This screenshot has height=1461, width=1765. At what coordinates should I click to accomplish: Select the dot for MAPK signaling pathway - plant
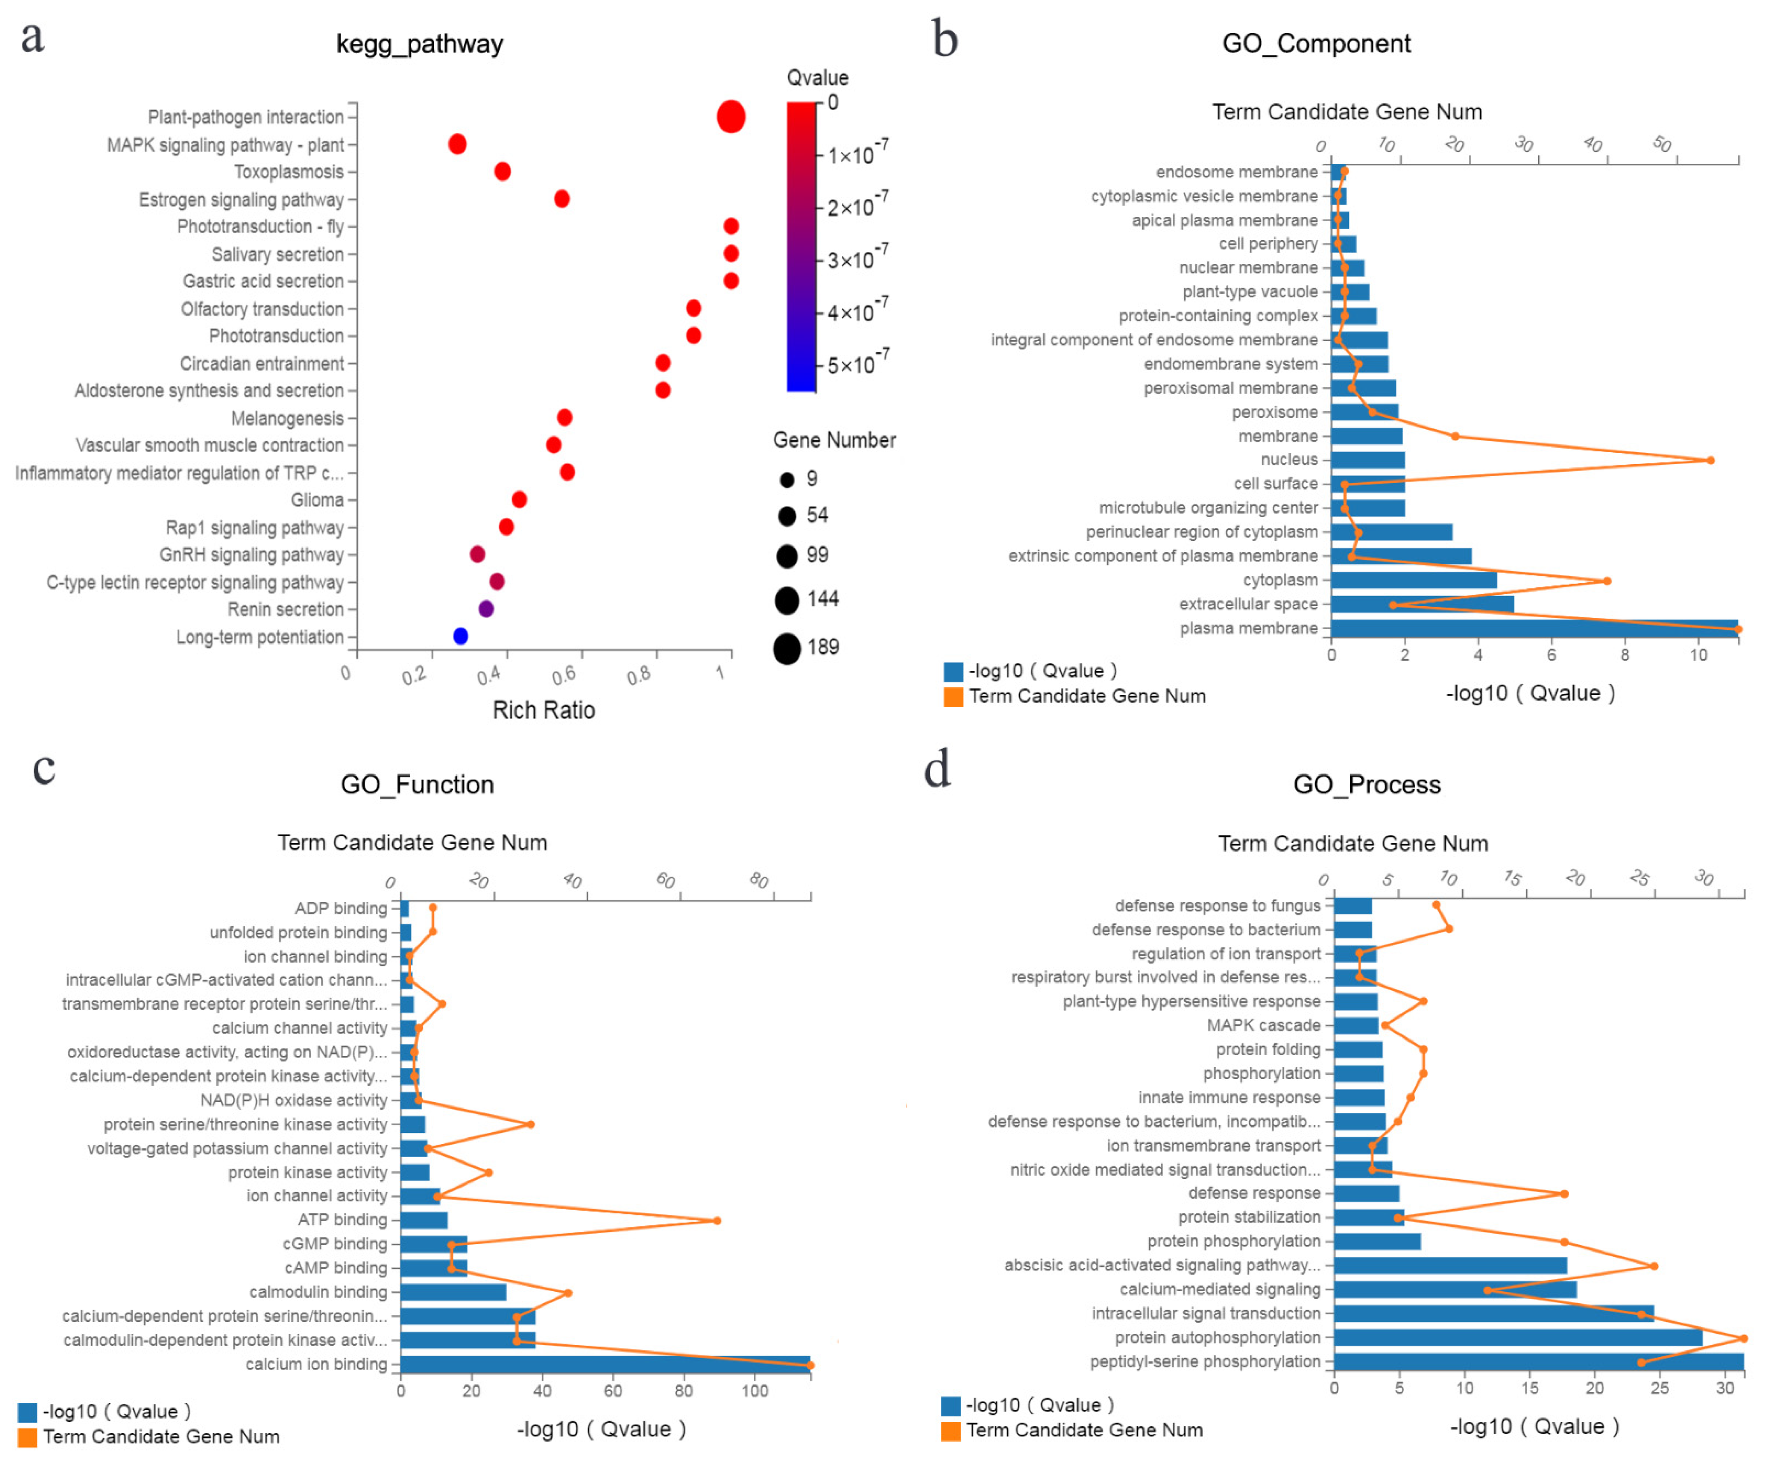click(x=457, y=144)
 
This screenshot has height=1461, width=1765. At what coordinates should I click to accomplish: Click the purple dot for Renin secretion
click(x=486, y=609)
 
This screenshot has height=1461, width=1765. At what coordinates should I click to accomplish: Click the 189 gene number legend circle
click(x=787, y=648)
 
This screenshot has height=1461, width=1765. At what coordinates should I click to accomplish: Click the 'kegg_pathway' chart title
click(x=419, y=44)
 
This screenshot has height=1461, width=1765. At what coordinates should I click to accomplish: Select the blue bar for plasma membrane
click(x=1534, y=628)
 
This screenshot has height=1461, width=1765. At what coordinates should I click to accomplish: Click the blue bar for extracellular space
click(x=1422, y=603)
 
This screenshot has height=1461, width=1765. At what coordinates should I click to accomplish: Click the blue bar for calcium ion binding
click(x=605, y=1364)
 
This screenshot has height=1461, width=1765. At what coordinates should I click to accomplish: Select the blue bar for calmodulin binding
click(x=453, y=1292)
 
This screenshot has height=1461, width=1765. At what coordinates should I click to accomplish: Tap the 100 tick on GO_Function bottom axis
click(x=755, y=1390)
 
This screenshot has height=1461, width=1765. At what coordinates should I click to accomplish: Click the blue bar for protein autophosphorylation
click(x=1517, y=1338)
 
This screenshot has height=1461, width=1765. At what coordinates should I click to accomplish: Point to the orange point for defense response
click(x=1564, y=1194)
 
